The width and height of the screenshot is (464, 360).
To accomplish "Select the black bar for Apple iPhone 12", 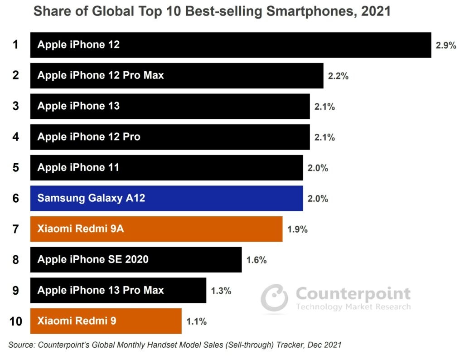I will coord(230,45).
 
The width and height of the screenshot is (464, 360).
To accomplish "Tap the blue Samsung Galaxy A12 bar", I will coord(166,198).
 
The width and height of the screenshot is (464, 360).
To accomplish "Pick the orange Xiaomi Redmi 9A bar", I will coord(156,229).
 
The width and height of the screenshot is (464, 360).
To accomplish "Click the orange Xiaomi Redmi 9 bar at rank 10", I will coord(106,321).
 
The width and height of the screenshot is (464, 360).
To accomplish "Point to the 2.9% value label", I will coord(446,45).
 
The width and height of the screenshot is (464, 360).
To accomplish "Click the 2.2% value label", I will coord(338,76).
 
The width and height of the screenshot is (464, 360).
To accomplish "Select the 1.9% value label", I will coord(297,229).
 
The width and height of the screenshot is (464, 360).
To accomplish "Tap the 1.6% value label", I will coord(256,260).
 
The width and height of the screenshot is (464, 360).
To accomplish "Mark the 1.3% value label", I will coord(221,291).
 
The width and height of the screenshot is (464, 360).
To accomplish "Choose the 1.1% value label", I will coord(197,321).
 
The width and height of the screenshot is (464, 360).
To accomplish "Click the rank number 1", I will coord(16,45).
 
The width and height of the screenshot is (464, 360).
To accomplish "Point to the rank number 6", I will coord(16,198).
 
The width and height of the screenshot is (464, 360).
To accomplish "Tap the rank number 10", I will coord(16,321).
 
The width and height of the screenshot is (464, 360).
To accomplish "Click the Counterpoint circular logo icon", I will coord(274,298).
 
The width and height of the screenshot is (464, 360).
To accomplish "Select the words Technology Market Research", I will coord(353,307).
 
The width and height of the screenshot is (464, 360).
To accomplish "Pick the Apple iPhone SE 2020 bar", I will coord(136,260).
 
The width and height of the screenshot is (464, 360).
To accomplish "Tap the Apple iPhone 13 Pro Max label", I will coord(101,290).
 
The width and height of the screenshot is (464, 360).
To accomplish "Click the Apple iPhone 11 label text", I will coord(78,167).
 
